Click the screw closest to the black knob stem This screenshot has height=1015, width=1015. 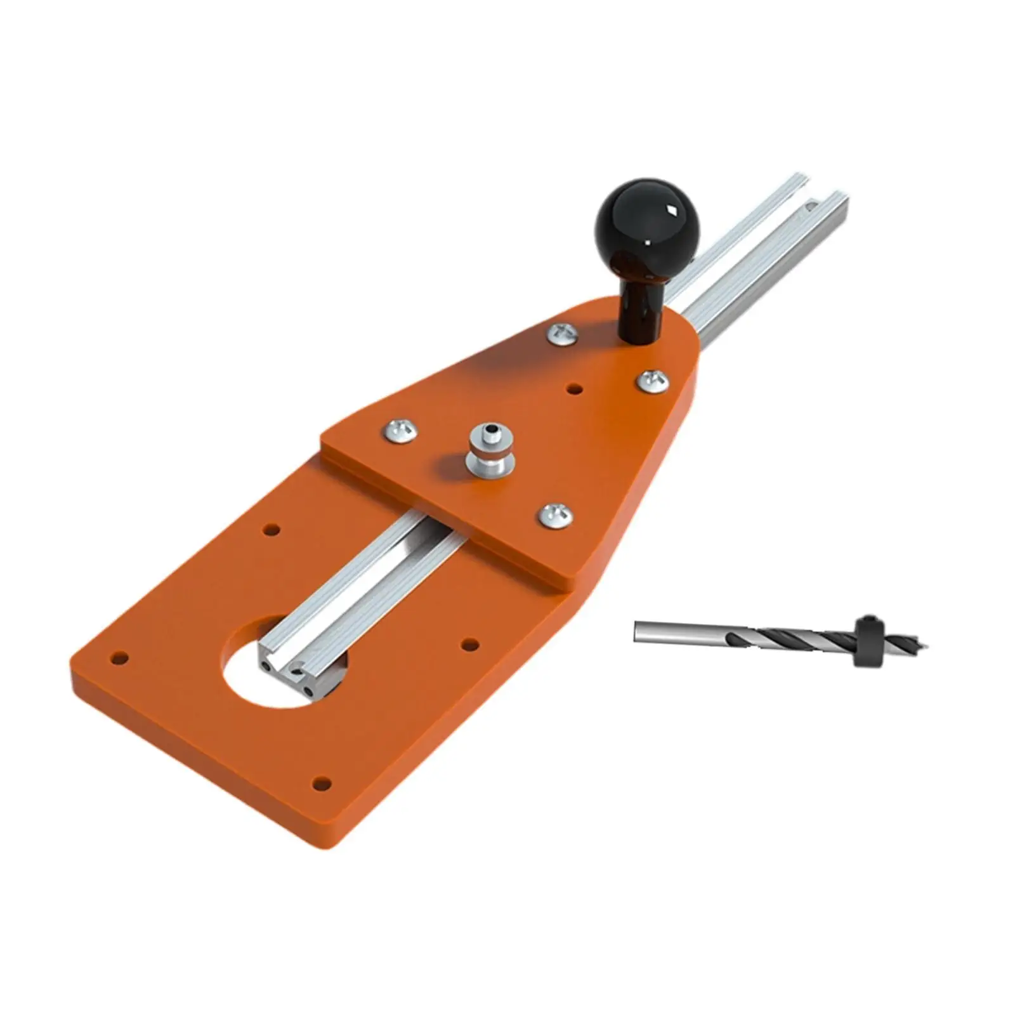(x=563, y=333)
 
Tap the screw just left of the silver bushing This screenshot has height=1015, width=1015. (x=401, y=431)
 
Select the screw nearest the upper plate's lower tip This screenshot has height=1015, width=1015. (x=556, y=514)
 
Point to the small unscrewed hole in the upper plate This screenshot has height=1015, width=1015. (x=574, y=388)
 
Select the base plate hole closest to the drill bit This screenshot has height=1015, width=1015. (x=469, y=645)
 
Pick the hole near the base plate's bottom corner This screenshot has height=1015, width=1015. (x=322, y=784)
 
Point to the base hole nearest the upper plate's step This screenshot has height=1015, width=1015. (x=271, y=528)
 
